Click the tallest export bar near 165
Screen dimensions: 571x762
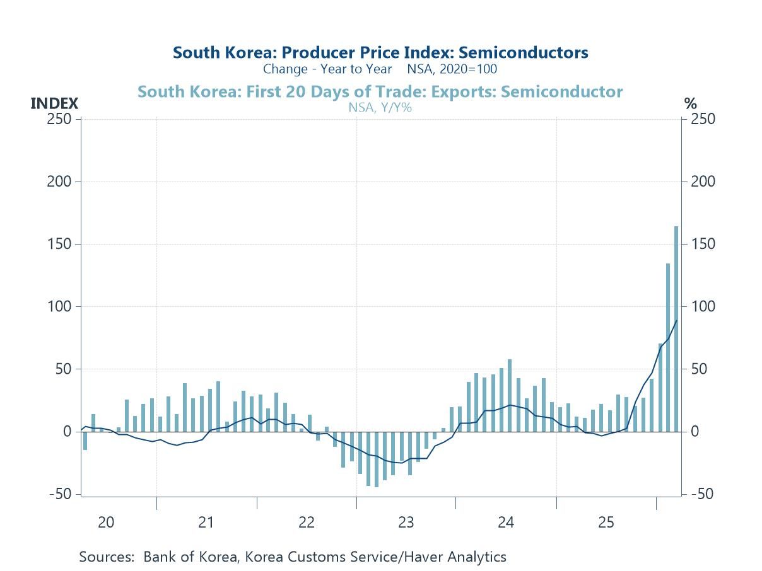click(676, 328)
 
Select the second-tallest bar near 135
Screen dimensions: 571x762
click(668, 347)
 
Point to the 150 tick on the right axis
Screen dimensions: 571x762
click(701, 244)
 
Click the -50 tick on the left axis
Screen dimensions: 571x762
click(60, 493)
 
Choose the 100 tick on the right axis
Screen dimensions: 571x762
click(701, 306)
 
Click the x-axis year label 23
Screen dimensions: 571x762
click(406, 522)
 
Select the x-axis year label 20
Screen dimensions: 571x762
click(106, 522)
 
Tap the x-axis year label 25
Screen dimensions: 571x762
click(606, 522)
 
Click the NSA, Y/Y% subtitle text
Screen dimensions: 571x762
click(380, 107)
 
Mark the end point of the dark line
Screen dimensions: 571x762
click(676, 321)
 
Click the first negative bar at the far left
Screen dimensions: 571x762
click(85, 441)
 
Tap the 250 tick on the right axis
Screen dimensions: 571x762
click(701, 119)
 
